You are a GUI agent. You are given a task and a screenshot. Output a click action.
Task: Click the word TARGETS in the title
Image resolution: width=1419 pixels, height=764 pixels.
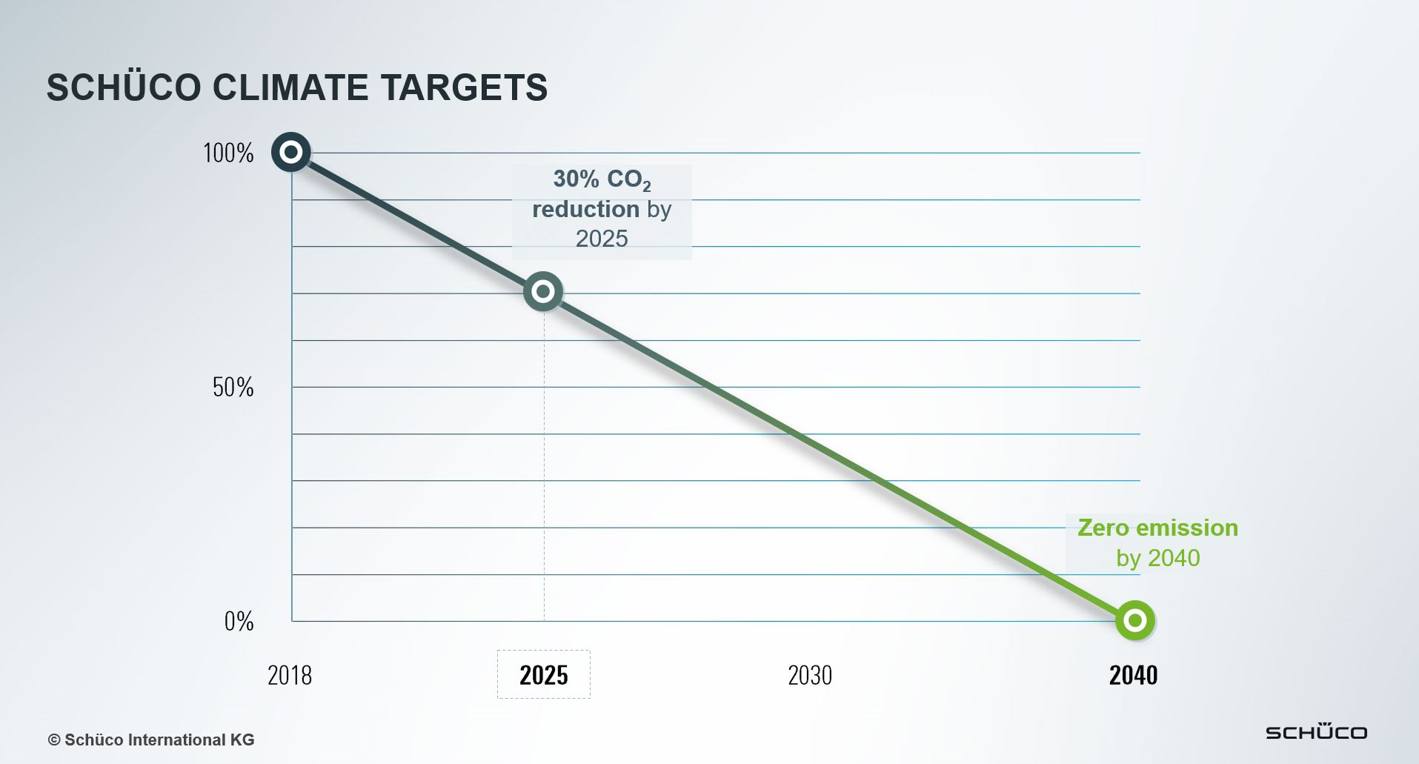464,87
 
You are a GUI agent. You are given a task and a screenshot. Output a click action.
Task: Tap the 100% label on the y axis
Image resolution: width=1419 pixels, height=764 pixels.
228,153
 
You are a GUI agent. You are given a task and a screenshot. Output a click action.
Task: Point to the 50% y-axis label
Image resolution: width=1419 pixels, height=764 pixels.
233,388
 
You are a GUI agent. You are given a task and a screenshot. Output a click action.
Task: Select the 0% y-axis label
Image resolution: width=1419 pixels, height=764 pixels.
239,621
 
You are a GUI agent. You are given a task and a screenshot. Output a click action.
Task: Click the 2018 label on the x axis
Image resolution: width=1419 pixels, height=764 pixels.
289,675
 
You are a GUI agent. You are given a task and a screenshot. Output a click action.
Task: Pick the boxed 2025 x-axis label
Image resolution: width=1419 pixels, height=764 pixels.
543,675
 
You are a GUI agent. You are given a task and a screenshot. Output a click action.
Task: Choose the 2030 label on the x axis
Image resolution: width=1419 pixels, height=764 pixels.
809,675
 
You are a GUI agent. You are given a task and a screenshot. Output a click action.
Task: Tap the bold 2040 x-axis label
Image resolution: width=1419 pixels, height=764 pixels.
1133,675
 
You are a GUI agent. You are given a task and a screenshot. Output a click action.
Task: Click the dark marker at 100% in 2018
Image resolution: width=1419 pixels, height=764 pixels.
291,152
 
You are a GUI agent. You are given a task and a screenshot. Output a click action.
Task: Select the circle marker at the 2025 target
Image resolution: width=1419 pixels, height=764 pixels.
543,291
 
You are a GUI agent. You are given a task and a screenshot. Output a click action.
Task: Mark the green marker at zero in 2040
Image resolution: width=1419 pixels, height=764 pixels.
1134,620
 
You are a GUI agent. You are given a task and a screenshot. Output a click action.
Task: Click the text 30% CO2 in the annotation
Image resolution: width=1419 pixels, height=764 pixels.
601,179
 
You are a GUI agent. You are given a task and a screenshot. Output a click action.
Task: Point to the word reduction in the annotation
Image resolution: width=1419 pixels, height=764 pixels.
585,209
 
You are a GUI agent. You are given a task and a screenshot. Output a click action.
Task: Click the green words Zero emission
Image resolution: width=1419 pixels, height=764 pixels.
1157,528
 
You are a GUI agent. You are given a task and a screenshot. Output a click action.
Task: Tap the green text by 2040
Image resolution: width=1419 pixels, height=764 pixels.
1157,558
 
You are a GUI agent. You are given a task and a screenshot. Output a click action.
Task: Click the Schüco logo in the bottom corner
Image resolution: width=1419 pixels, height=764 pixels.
1316,731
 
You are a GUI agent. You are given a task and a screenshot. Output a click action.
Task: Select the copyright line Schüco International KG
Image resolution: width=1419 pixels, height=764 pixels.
151,740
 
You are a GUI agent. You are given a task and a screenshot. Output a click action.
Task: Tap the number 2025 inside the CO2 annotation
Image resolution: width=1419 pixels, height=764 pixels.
602,239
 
